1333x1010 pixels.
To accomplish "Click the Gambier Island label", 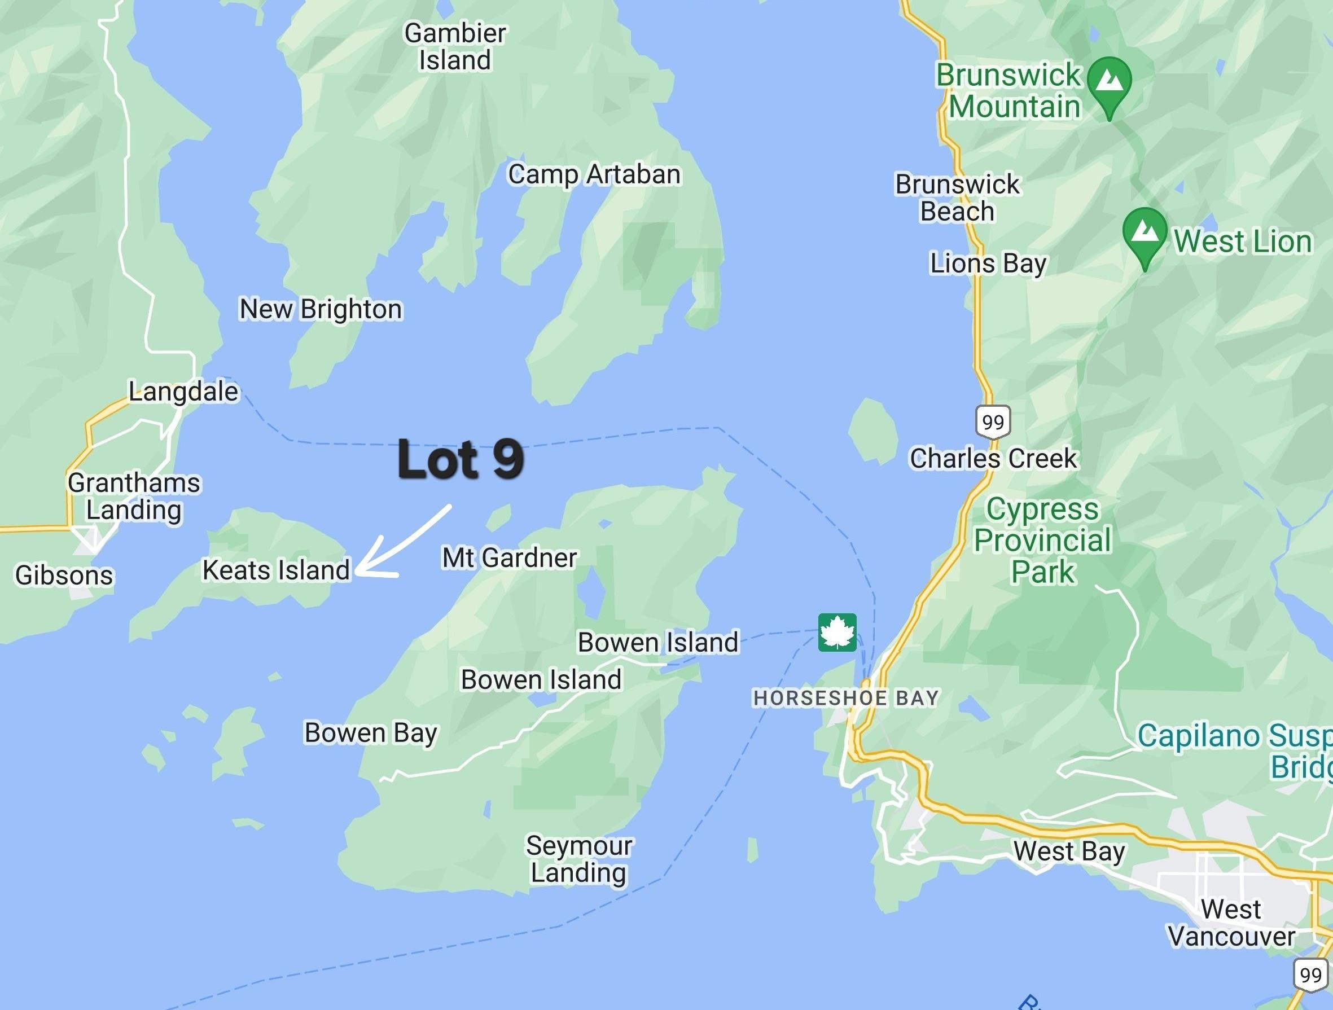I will point(455,46).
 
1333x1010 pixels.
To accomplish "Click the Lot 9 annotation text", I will point(461,459).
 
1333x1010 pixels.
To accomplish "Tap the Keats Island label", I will point(276,570).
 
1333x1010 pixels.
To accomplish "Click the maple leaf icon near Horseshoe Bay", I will point(837,632).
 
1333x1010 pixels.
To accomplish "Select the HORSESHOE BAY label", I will point(846,698).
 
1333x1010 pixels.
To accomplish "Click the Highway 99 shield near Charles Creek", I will point(993,421).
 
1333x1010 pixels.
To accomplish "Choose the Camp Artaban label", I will point(594,175).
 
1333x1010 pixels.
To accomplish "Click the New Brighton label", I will point(321,309).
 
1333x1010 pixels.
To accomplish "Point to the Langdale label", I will point(184,392).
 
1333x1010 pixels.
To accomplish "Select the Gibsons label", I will point(64,575).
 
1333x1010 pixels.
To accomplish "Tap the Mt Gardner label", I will point(510,557).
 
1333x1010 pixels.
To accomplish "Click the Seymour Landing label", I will point(578,859).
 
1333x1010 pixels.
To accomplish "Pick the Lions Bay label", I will point(988,264).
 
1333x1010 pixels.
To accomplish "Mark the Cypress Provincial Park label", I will point(1042,541).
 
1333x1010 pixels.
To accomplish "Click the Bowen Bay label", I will point(371,733).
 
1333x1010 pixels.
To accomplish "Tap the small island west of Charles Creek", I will point(872,431).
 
